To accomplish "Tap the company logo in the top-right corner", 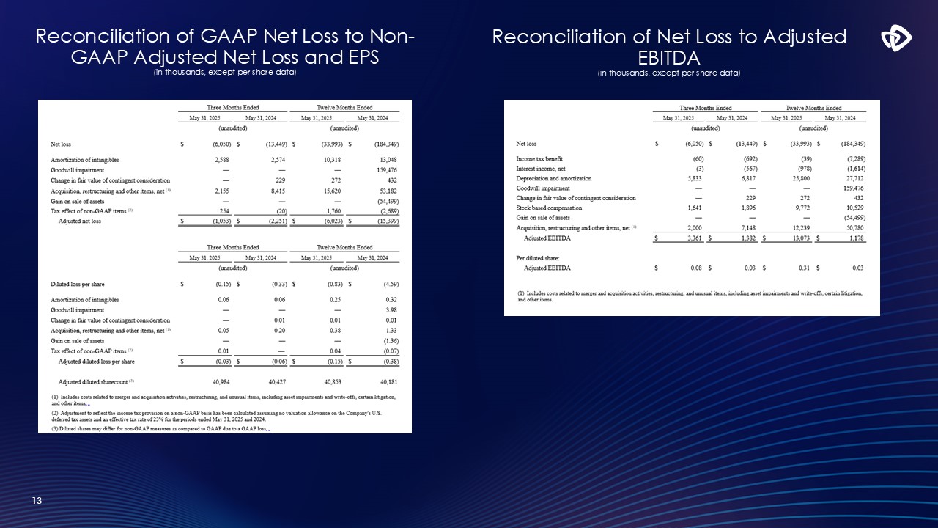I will [x=895, y=39].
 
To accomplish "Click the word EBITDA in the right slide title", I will [x=669, y=57].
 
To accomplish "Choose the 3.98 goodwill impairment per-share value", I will [x=391, y=310].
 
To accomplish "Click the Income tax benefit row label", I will [x=539, y=159].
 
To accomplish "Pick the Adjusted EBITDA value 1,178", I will [x=854, y=238].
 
